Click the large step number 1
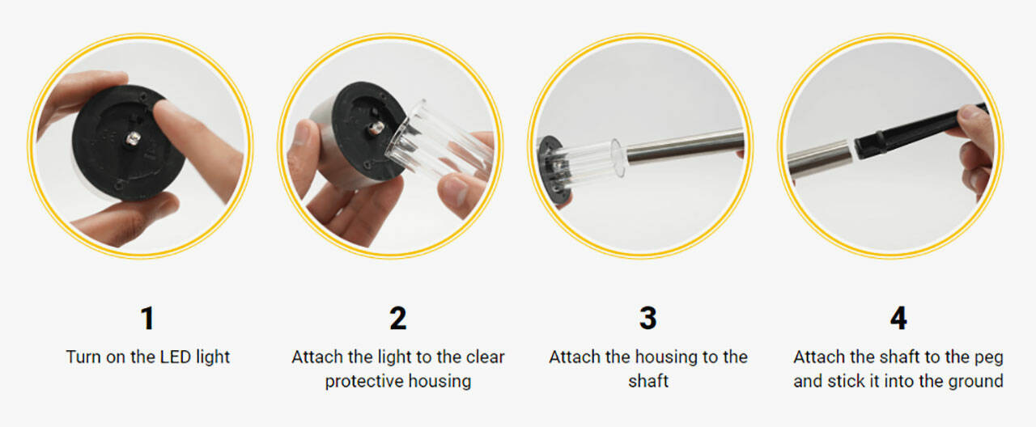click(x=147, y=318)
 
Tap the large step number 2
click(x=397, y=318)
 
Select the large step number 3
click(x=648, y=318)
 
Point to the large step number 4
click(x=898, y=318)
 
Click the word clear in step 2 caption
click(x=485, y=357)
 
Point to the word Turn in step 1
click(x=83, y=357)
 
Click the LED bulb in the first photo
click(x=134, y=137)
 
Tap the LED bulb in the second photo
click(x=376, y=128)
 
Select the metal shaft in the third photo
click(x=685, y=146)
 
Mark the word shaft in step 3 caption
click(x=648, y=382)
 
